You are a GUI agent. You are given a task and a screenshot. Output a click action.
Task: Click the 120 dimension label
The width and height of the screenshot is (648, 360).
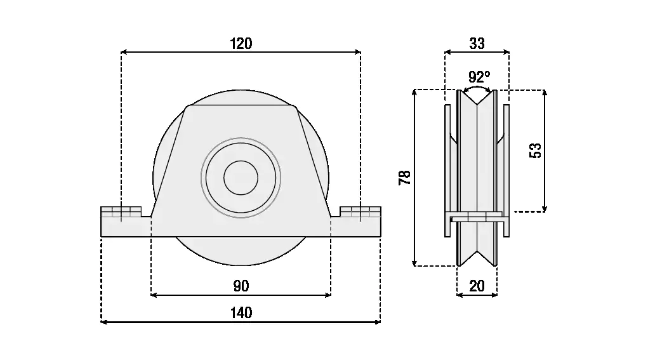(x=241, y=43)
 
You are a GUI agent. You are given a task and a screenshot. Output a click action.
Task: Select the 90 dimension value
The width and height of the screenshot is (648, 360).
(x=241, y=286)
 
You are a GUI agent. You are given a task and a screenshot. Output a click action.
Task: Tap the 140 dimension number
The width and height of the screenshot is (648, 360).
(x=241, y=313)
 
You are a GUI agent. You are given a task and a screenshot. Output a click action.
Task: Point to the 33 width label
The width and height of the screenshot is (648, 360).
(x=477, y=43)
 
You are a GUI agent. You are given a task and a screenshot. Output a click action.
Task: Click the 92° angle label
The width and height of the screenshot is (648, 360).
(x=479, y=77)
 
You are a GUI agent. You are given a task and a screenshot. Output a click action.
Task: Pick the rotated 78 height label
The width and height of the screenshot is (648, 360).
(x=404, y=178)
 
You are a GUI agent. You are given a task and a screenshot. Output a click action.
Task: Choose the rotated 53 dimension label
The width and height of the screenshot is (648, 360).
(x=535, y=150)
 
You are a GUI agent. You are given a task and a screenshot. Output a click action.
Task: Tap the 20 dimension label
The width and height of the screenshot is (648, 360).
(x=477, y=286)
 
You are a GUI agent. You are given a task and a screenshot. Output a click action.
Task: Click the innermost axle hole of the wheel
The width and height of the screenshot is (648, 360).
(x=241, y=177)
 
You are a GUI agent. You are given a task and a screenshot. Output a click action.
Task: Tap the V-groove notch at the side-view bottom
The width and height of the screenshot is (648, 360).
(x=477, y=258)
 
